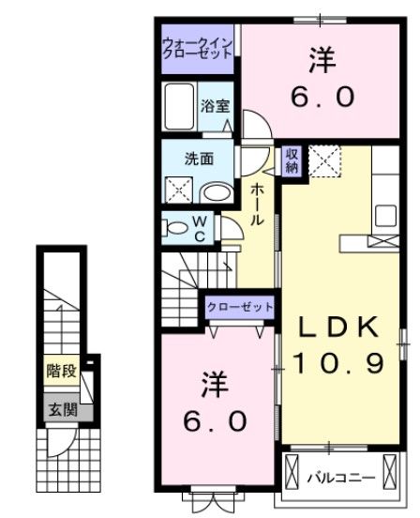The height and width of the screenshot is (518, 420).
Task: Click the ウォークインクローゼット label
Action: [x=198, y=48]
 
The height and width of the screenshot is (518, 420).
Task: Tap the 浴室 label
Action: [x=215, y=106]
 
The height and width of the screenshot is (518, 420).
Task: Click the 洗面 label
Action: [x=199, y=159]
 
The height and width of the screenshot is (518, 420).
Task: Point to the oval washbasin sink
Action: [x=217, y=193]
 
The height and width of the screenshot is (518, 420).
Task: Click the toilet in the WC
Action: [x=176, y=225]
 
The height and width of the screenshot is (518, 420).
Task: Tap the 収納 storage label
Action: [x=292, y=160]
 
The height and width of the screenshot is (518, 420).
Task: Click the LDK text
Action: [x=338, y=327]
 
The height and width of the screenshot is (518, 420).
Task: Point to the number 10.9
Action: [x=338, y=362]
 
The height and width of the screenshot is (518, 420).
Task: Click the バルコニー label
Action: [x=341, y=479]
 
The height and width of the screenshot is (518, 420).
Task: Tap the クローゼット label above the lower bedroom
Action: [x=240, y=306]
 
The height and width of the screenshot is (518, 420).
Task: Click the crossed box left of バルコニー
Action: [x=292, y=467]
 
